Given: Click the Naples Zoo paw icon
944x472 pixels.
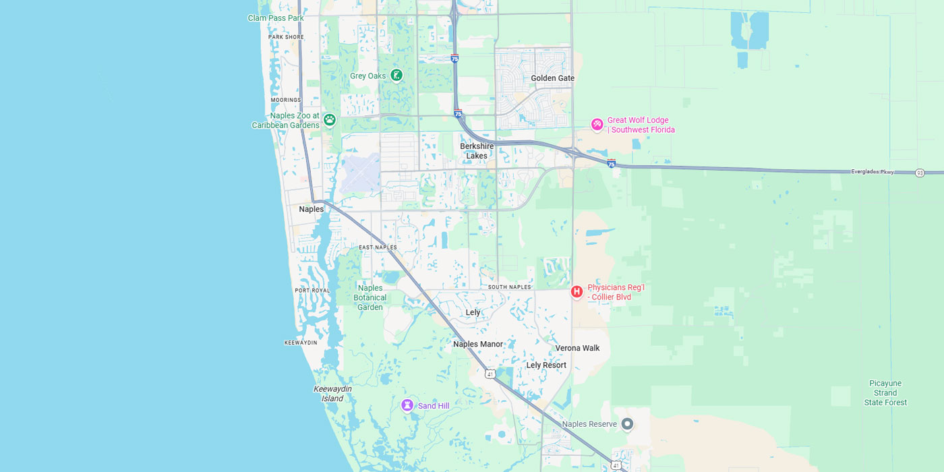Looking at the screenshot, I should [x=329, y=120].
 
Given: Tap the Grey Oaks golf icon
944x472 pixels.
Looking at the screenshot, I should [x=396, y=76].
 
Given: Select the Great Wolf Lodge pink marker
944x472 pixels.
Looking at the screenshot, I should [x=597, y=125].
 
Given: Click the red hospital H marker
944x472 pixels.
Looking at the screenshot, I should [x=577, y=292].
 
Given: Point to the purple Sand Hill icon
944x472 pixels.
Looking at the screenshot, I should [x=407, y=405].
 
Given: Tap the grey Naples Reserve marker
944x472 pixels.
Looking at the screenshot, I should [x=627, y=424].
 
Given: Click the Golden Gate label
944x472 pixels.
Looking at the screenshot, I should [x=552, y=78].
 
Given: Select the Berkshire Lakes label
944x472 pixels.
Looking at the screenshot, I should [x=477, y=151].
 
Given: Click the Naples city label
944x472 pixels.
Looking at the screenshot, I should [x=312, y=209].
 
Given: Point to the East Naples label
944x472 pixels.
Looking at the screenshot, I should [x=378, y=247].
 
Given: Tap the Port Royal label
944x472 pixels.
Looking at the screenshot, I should [x=312, y=291].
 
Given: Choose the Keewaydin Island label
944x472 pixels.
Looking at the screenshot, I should [x=332, y=394].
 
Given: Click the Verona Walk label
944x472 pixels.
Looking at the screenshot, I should [x=577, y=349].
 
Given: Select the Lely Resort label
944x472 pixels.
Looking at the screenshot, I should [x=546, y=365].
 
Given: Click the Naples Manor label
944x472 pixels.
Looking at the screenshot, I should [x=478, y=345].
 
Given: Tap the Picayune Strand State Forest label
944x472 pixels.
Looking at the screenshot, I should [x=885, y=393].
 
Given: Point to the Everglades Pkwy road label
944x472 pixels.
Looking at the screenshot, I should [x=872, y=172].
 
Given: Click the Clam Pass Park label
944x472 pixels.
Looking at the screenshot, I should [x=276, y=18].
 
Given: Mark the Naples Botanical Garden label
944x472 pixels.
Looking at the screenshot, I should [x=370, y=297].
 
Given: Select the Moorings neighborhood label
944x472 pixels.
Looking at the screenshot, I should [x=285, y=100].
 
